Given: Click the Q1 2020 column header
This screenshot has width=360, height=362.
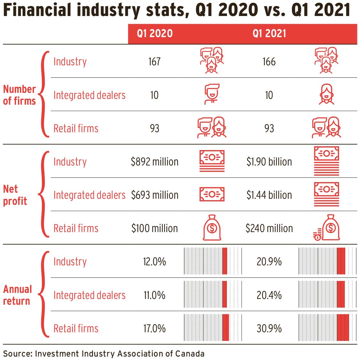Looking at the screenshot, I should pyautogui.click(x=155, y=34).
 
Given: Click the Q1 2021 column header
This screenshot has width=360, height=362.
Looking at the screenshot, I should pyautogui.click(x=269, y=34).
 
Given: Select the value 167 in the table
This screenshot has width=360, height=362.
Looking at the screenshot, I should pyautogui.click(x=154, y=61).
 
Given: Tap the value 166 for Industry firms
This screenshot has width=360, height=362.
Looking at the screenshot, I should pyautogui.click(x=269, y=61).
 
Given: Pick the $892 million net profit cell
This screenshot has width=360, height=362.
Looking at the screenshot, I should pyautogui.click(x=154, y=162).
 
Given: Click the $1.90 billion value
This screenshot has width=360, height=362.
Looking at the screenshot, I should pyautogui.click(x=269, y=162).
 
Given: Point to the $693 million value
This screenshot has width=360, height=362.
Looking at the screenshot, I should pyautogui.click(x=154, y=195).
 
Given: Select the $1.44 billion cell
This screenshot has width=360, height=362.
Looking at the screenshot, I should pyautogui.click(x=269, y=195).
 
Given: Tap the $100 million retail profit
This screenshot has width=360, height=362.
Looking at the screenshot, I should pyautogui.click(x=154, y=228).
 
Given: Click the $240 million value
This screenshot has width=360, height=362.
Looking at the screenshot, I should pyautogui.click(x=269, y=228).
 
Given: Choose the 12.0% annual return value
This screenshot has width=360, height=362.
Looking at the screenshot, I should pyautogui.click(x=154, y=262).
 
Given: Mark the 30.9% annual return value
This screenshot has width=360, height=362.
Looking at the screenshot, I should pyautogui.click(x=269, y=328).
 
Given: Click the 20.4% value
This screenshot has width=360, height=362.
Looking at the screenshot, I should pyautogui.click(x=269, y=295).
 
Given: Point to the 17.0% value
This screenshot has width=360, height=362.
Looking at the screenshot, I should pyautogui.click(x=154, y=328).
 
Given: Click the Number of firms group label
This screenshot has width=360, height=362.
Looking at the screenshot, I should pyautogui.click(x=19, y=95).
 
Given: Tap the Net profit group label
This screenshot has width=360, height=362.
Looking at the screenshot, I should pyautogui.click(x=15, y=195).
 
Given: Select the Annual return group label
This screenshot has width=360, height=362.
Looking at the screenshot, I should pyautogui.click(x=18, y=295).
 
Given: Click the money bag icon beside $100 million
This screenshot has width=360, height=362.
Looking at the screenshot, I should pyautogui.click(x=212, y=228).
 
